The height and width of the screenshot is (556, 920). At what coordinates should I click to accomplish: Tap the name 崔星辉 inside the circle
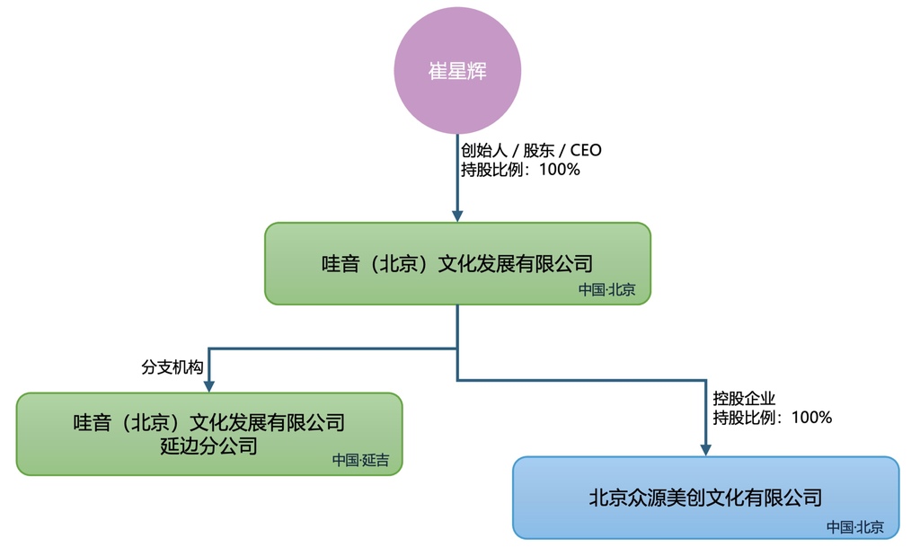tap(458, 71)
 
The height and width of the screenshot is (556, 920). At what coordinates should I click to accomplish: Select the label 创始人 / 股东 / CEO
tap(531, 150)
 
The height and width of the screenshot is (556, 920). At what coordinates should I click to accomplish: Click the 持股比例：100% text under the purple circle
tap(520, 169)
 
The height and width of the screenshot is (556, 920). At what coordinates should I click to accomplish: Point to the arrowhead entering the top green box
tap(457, 216)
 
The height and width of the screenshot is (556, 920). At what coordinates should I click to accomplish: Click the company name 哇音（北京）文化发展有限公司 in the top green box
tap(457, 264)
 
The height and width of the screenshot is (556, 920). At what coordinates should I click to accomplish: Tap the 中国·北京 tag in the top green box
tap(606, 290)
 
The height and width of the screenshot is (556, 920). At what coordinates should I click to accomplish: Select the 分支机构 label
tap(172, 367)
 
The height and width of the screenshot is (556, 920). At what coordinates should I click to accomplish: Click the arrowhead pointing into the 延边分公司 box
tap(208, 386)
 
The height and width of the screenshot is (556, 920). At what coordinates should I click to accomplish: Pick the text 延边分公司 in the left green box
tap(208, 446)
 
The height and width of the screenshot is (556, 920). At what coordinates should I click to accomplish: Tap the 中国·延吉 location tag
tap(361, 461)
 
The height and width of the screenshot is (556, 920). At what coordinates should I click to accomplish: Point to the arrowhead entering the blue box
tap(705, 450)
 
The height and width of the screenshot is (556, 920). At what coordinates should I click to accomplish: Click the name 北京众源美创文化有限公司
tap(705, 497)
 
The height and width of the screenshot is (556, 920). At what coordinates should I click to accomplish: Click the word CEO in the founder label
tap(586, 150)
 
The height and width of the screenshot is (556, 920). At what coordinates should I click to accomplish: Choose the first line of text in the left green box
tap(208, 422)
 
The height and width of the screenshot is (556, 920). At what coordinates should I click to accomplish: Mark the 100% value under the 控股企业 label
tap(811, 418)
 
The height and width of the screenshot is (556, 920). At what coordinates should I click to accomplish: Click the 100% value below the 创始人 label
tap(559, 169)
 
